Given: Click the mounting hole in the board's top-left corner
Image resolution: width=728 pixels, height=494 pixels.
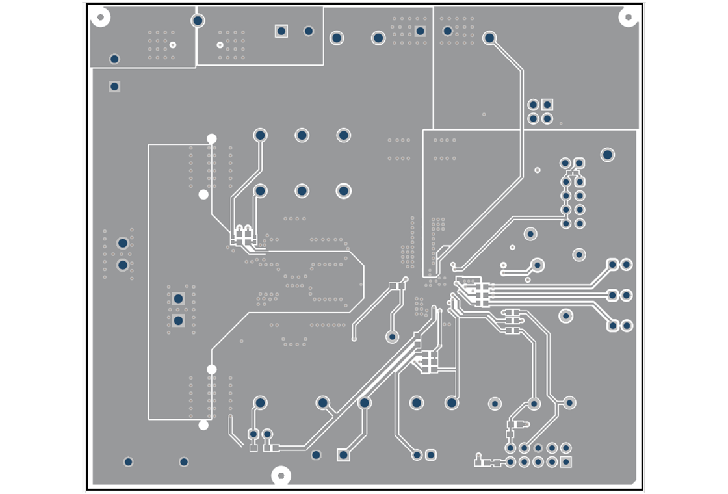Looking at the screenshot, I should coord(100,16).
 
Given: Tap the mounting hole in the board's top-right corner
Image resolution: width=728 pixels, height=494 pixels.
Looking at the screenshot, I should coord(628,17).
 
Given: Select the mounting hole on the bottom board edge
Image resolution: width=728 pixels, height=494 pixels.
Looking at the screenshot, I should coord(281,476).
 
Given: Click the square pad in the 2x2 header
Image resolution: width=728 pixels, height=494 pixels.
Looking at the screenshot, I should coord(547,105).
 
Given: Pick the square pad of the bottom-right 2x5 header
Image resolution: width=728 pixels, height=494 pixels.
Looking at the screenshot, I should coord(566,462).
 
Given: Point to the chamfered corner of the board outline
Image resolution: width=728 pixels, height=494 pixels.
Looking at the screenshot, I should coord(634,482).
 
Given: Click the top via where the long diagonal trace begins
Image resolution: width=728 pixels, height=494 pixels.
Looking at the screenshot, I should coord(489,38).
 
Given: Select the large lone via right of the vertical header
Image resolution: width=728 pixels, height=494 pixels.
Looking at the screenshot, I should coord(607,155).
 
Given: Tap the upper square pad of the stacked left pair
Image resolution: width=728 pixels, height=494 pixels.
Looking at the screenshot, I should coord(178,299).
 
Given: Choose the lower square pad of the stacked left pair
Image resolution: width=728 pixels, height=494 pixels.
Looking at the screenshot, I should coord(178,320).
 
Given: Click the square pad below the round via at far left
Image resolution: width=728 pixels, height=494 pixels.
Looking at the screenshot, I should coord(114,86).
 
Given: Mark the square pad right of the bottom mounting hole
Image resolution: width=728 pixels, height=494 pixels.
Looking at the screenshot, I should coord(343,455).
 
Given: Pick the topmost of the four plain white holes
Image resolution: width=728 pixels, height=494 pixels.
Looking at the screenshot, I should coord(211,138).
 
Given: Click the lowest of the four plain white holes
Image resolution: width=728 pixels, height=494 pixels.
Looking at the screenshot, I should coord(203,425).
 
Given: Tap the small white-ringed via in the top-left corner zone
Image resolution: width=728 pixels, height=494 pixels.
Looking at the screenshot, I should coord(173,45).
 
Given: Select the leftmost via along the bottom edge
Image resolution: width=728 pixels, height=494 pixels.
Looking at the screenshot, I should coord(128,462).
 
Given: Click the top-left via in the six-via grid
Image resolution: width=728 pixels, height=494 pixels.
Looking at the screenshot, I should coord(260,135).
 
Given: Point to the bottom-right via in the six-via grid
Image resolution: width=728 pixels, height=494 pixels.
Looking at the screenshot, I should coord(343,191).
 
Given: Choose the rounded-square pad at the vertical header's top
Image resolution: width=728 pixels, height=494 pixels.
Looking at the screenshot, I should coord(579,162).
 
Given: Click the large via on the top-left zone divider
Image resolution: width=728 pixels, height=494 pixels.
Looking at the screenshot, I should coord(198,21).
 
